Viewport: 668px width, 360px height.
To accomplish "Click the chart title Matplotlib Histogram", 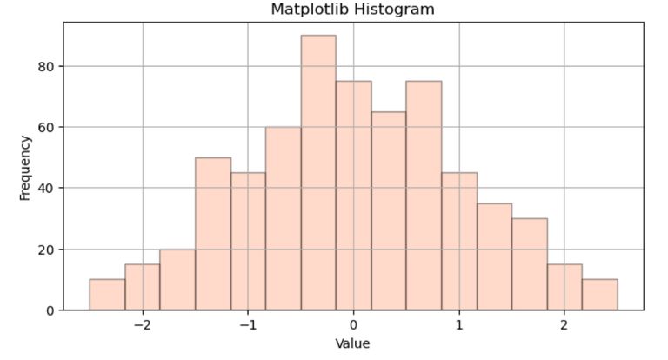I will pyautogui.click(x=352, y=10).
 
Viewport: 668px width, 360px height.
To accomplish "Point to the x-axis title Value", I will pyautogui.click(x=352, y=343).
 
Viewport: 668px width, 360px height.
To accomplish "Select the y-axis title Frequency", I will pyautogui.click(x=25, y=166).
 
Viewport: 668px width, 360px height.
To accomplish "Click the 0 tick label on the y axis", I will pyautogui.click(x=50, y=310).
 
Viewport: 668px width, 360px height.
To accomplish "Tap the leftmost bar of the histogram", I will pyautogui.click(x=107, y=295).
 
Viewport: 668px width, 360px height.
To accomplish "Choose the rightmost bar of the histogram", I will pyautogui.click(x=599, y=295).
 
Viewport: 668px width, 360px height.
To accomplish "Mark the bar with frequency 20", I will pyautogui.click(x=177, y=279).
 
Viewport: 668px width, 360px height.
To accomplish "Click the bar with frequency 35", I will pyautogui.click(x=494, y=257).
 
